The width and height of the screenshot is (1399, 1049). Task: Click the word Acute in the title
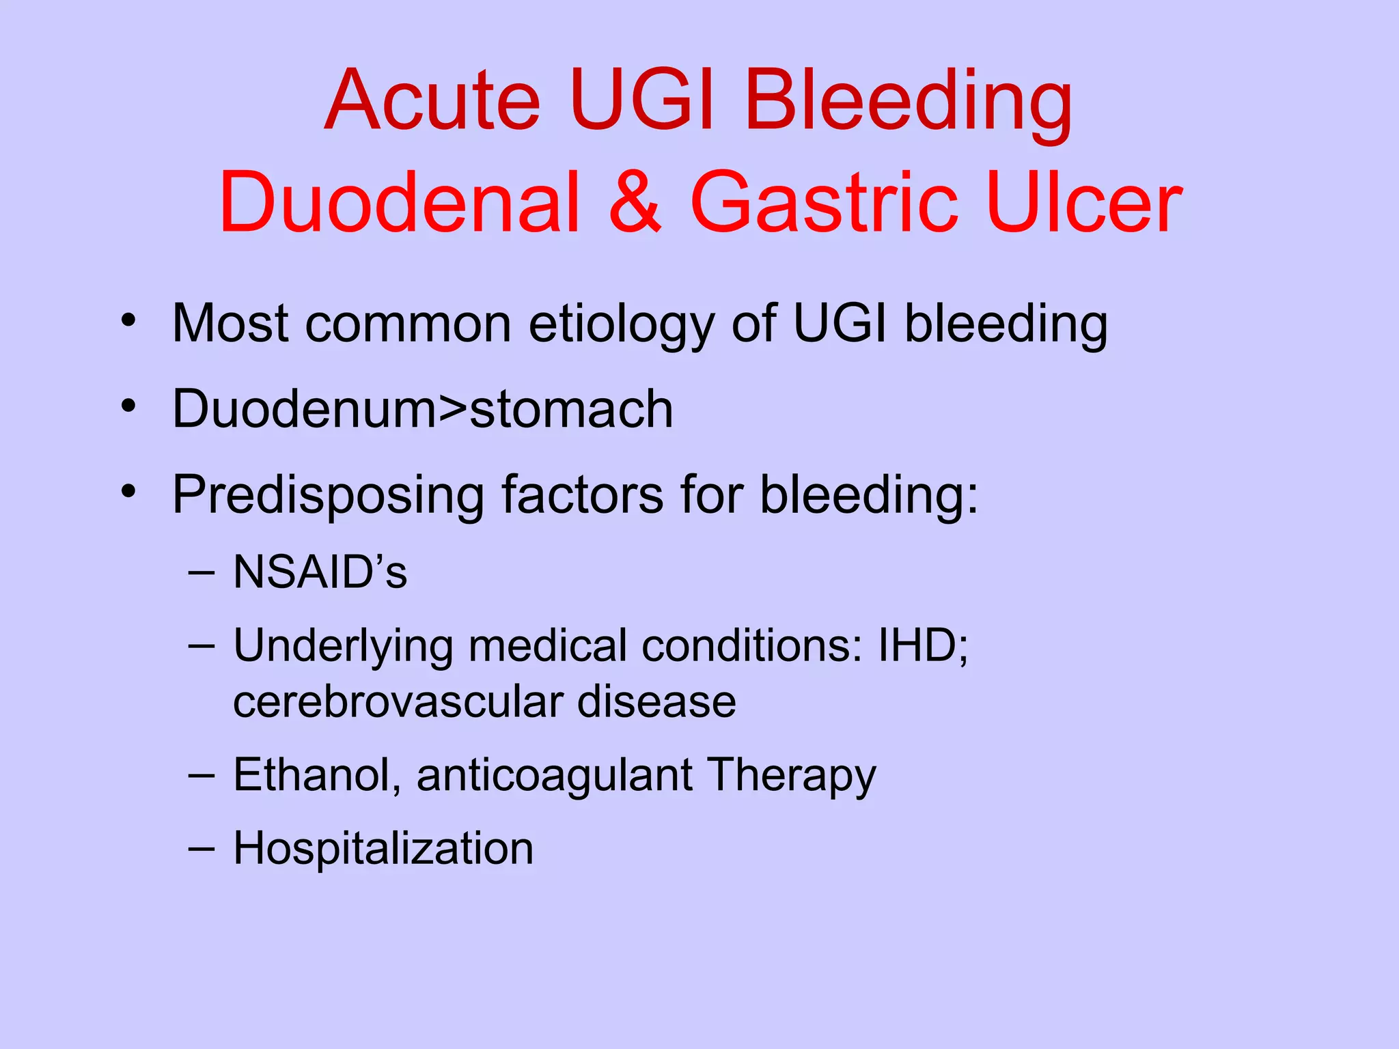[x=432, y=100]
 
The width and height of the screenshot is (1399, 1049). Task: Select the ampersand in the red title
[x=635, y=203]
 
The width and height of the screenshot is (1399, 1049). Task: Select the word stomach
[x=571, y=409]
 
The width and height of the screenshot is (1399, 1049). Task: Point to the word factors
[x=582, y=494]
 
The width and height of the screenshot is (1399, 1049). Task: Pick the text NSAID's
[x=320, y=572]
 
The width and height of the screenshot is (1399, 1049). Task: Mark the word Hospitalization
[x=383, y=849]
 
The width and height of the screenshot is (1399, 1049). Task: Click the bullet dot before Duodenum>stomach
[x=128, y=406]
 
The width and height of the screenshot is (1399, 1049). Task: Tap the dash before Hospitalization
[x=202, y=849]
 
